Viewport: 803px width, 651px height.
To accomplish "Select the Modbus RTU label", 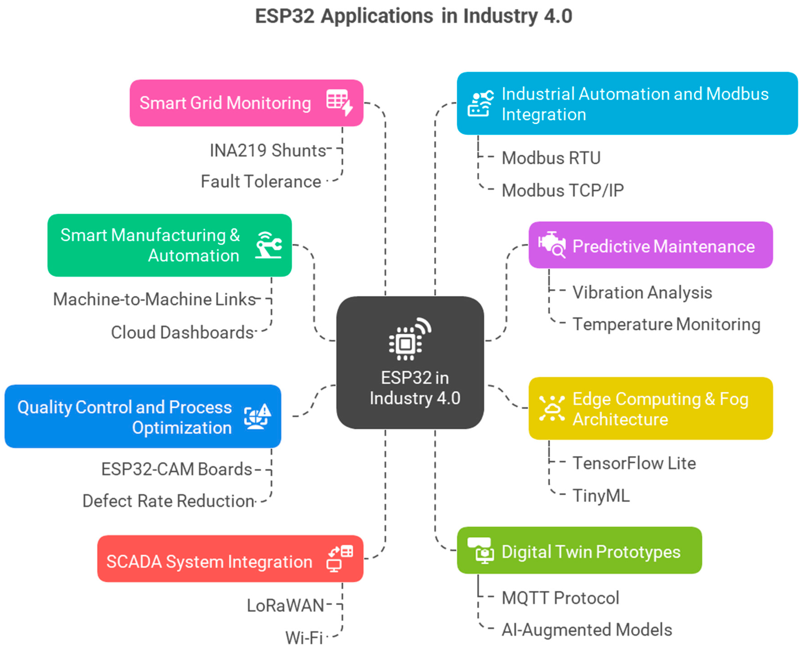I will (x=551, y=158).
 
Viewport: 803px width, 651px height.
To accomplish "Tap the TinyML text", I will (x=601, y=496).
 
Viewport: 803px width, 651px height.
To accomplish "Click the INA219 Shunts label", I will (x=268, y=151).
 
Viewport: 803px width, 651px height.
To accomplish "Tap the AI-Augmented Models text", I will (x=587, y=630).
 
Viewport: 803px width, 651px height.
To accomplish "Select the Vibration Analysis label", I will (x=642, y=293).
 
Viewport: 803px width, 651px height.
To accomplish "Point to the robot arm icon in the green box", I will (x=268, y=245).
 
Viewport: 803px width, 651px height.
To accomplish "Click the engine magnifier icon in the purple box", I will (x=552, y=245).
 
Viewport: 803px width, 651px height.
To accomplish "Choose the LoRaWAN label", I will (x=285, y=606).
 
